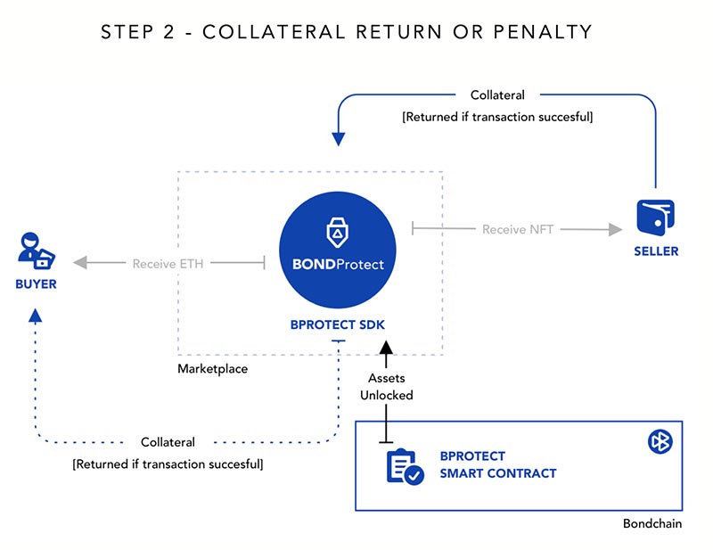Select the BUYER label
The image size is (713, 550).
pyautogui.click(x=36, y=284)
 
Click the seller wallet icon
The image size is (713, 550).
pyautogui.click(x=655, y=218)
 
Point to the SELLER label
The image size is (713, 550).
pyautogui.click(x=656, y=251)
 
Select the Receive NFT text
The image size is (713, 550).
pyautogui.click(x=518, y=230)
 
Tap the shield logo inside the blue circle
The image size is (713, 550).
pyautogui.click(x=338, y=231)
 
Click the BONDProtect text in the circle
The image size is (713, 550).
pyautogui.click(x=338, y=265)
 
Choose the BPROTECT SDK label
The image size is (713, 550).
pyautogui.click(x=338, y=325)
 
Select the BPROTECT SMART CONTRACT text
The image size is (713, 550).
pyautogui.click(x=497, y=464)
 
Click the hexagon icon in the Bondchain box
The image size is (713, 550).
pyautogui.click(x=660, y=442)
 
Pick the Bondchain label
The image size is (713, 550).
pyautogui.click(x=652, y=523)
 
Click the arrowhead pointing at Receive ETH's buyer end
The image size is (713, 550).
pyautogui.click(x=80, y=264)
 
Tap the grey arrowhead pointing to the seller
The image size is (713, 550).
pyautogui.click(x=614, y=230)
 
